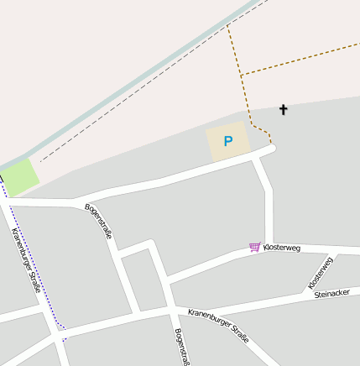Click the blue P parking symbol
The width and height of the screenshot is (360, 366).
227,142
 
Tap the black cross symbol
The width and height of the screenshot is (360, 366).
283,110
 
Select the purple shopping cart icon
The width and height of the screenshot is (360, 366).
254,247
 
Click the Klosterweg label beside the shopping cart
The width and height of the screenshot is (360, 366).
281,248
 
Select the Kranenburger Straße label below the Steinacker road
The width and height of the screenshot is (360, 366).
218,326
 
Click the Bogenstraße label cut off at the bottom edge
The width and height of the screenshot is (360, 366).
180,347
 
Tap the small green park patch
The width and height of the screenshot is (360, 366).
18,176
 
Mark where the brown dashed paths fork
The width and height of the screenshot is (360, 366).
242,76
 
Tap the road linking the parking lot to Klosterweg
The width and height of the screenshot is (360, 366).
268,201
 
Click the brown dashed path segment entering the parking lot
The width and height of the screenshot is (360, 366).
262,132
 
